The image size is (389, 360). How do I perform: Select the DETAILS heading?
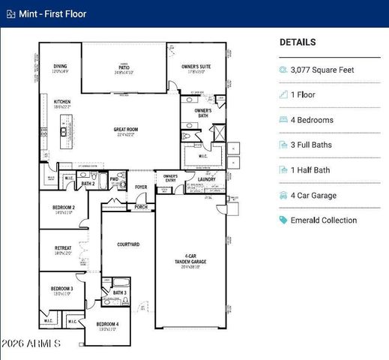298,43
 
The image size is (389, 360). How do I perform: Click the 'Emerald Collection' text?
324,220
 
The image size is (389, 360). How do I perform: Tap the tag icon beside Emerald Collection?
283,220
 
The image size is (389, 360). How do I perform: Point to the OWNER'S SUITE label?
196,67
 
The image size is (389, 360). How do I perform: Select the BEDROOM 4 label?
107,324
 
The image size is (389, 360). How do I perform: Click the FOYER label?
140,187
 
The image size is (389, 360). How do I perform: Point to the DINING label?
60,67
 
